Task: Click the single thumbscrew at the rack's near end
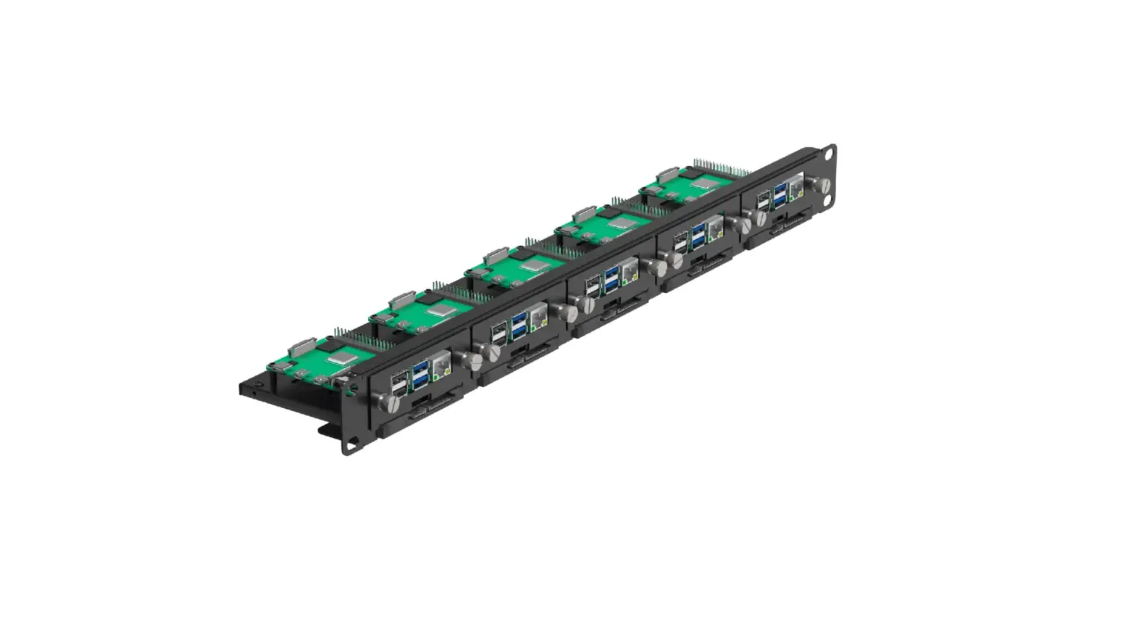tap(383, 402)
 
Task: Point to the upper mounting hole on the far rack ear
tap(830, 153)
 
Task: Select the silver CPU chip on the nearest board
tap(341, 358)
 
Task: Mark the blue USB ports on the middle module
tap(611, 279)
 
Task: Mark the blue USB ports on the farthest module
tap(780, 194)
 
